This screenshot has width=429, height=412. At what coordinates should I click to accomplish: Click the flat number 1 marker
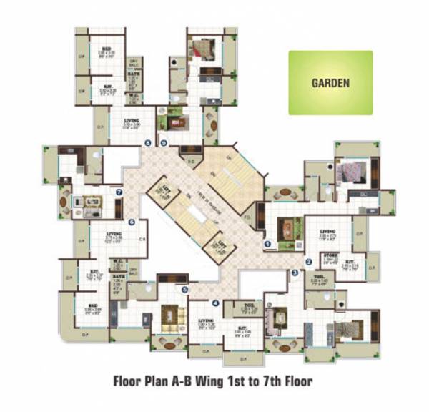click(267, 244)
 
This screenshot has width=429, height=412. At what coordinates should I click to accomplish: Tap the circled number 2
click(309, 261)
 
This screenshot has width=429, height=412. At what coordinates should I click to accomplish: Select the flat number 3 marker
click(295, 273)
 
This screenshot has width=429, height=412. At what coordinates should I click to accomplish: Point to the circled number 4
click(215, 303)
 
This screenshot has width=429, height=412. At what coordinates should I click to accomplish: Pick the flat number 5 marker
click(184, 290)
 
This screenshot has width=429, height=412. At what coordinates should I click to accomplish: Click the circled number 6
click(132, 222)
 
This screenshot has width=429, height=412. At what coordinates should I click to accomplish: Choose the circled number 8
click(148, 142)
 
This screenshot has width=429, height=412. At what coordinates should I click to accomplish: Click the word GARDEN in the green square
click(330, 82)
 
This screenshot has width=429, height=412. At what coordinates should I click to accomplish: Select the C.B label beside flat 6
click(143, 239)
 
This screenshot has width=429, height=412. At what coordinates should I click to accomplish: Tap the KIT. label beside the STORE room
click(352, 261)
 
